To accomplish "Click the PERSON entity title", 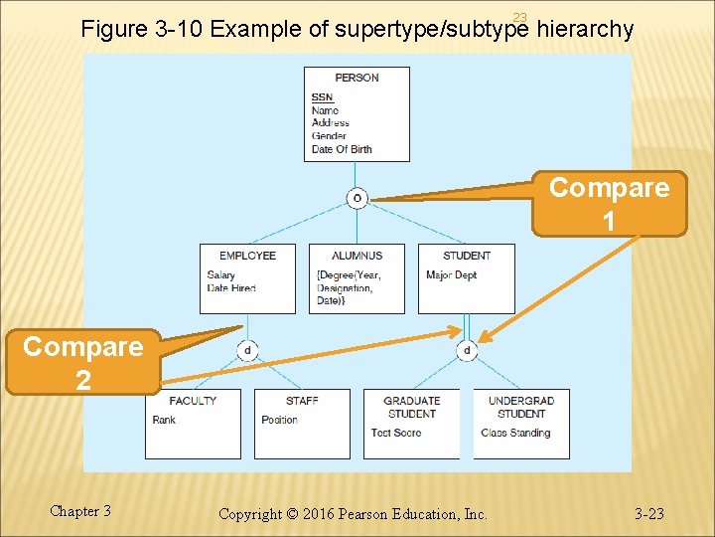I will (x=357, y=78).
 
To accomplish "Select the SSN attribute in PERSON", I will (x=322, y=97).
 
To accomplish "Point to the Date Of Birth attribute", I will (x=342, y=149).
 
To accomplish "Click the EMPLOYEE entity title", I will (x=247, y=256).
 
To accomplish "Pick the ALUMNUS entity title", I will (x=357, y=256).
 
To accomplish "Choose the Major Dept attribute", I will (x=451, y=275).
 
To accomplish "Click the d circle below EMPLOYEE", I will (x=247, y=350).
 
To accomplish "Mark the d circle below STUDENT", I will (x=467, y=350).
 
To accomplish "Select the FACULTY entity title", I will (x=193, y=401).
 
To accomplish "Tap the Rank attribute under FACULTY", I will (x=164, y=420).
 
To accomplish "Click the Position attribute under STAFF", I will (x=279, y=420).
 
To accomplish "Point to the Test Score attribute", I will (x=395, y=433).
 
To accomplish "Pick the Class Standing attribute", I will (x=515, y=433).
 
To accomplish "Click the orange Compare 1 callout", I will (x=609, y=204).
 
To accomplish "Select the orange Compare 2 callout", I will (x=82, y=363).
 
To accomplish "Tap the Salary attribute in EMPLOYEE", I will (x=220, y=275).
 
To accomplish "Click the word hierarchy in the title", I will (x=584, y=29).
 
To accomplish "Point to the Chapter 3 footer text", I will (x=80, y=511).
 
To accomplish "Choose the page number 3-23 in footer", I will (x=649, y=514).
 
